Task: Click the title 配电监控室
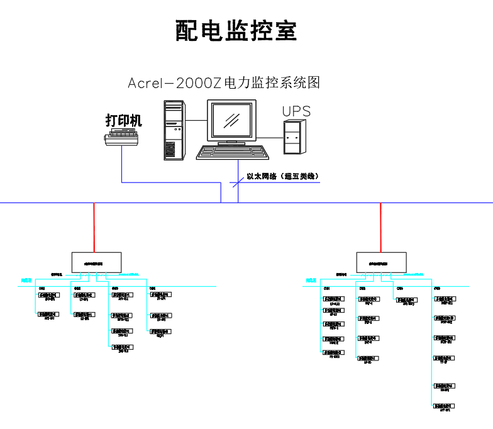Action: point(236,30)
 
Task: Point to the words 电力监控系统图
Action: point(272,82)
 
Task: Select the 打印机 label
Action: point(124,120)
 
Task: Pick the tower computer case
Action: point(175,130)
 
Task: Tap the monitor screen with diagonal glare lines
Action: point(233,121)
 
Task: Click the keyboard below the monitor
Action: point(230,153)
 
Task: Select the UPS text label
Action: point(296,111)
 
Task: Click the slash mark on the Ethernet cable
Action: point(238,182)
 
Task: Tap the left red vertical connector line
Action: point(94,227)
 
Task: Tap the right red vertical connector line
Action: point(380,227)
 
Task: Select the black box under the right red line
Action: point(380,262)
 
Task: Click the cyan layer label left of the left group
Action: point(26,281)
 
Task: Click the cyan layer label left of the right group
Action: point(311,281)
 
